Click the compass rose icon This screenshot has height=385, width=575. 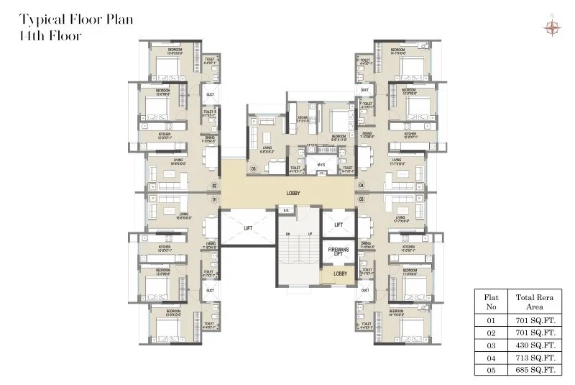click(x=552, y=27)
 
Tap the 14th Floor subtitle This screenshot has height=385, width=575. click(x=51, y=34)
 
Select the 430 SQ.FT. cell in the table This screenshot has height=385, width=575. click(x=533, y=344)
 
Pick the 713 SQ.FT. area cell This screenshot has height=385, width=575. click(x=533, y=357)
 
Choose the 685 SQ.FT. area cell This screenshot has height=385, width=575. click(x=533, y=370)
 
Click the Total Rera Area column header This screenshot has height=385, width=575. click(x=533, y=302)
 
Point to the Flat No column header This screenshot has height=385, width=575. click(x=492, y=302)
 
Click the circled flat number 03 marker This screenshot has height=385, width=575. click(x=253, y=170)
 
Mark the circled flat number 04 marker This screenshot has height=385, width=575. click(x=361, y=186)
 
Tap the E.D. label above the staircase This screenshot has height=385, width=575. click(x=285, y=210)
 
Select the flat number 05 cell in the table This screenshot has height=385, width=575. click(x=492, y=370)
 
